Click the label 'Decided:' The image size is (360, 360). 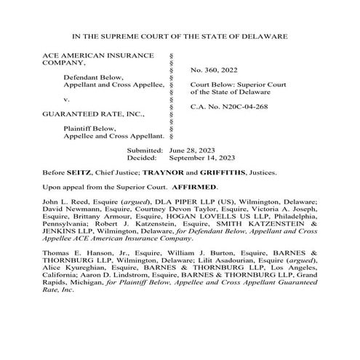143,156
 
